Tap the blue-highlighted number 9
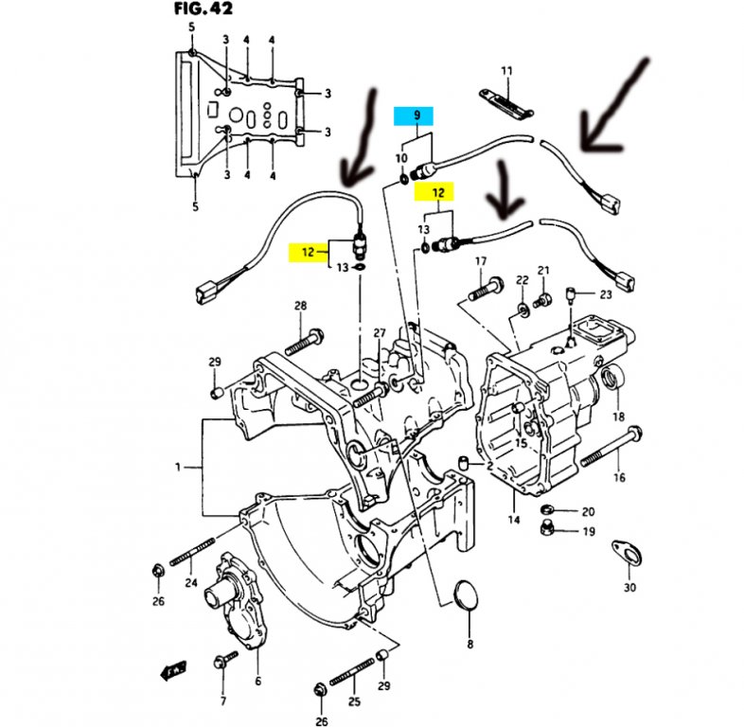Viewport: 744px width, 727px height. click(x=415, y=116)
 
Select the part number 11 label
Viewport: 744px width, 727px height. click(x=506, y=71)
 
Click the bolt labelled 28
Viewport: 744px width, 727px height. click(x=308, y=336)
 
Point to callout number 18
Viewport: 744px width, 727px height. click(x=618, y=417)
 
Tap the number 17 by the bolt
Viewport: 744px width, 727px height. click(x=480, y=261)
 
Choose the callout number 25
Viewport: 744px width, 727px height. click(x=355, y=701)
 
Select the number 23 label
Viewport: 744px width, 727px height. click(x=605, y=293)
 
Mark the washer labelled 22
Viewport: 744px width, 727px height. click(x=523, y=310)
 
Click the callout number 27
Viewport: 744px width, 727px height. click(x=380, y=332)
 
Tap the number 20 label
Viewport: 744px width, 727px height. click(x=587, y=511)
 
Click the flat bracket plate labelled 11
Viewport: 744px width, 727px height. click(x=504, y=99)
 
